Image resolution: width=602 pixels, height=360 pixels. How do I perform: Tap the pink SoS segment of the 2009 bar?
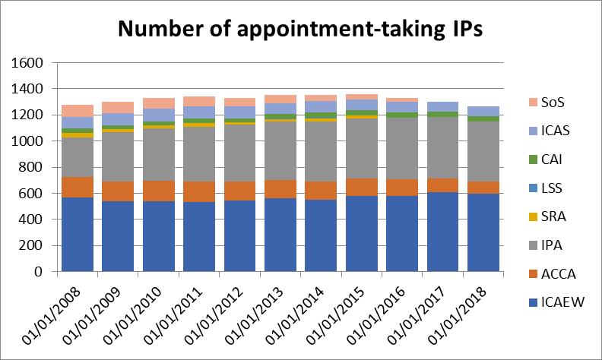click(118, 107)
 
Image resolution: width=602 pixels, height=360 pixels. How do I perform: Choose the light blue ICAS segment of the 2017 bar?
click(442, 106)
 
